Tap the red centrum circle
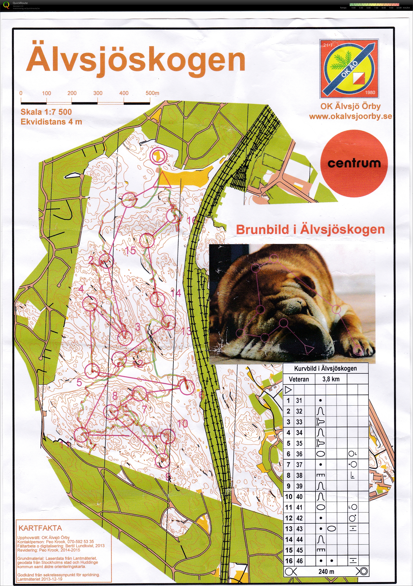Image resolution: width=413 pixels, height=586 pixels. [354, 163]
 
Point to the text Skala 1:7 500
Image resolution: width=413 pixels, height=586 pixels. [46, 112]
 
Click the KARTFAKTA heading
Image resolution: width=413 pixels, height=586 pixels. [40, 528]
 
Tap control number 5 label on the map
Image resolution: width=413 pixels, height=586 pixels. [79, 382]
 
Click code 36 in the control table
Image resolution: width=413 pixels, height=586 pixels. [299, 454]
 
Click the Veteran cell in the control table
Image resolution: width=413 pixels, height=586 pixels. [299, 379]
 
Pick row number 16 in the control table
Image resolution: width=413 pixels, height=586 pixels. [289, 561]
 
